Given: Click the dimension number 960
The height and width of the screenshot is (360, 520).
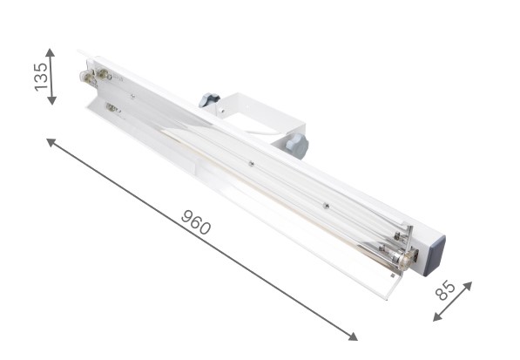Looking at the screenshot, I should [196, 222].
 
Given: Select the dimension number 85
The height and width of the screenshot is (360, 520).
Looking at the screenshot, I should [445, 290].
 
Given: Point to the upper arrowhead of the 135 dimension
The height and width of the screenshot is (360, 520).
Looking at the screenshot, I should [51, 51].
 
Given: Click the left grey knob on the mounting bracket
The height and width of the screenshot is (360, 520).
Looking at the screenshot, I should [208, 99].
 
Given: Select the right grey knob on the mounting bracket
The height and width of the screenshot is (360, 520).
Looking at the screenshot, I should [295, 145].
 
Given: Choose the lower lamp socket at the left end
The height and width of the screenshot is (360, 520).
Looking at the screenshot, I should [112, 108].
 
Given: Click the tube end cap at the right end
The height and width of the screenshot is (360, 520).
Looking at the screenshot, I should [402, 259].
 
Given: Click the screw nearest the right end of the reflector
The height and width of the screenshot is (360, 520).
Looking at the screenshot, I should [325, 207].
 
